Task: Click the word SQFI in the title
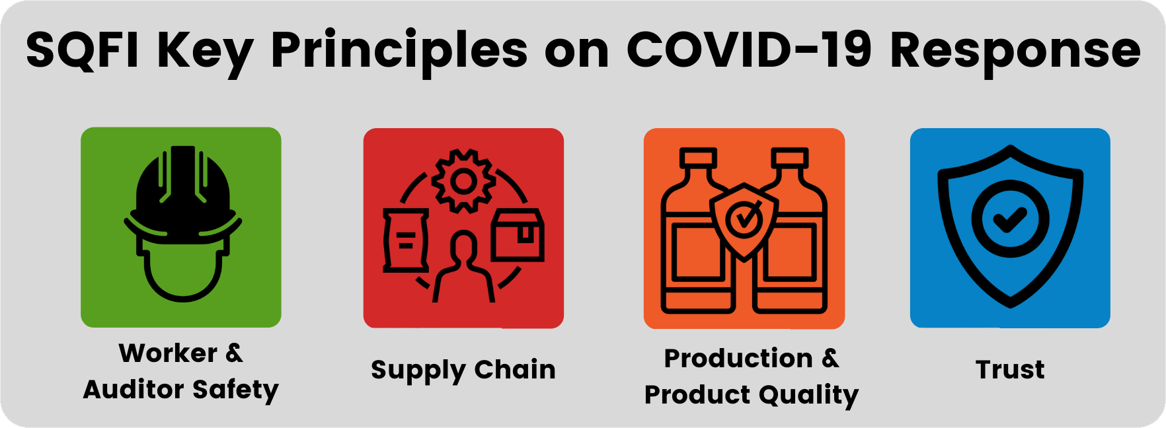(83, 50)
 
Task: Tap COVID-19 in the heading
(750, 50)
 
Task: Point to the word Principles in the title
(399, 53)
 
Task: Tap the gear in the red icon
(464, 181)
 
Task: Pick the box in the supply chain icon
(518, 235)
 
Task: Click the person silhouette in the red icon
(463, 267)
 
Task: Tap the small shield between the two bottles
(744, 222)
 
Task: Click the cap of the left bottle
(698, 158)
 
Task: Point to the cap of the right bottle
(790, 158)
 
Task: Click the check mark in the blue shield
(1009, 219)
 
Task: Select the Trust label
(1010, 369)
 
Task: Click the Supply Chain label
(463, 371)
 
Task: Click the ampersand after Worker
(234, 353)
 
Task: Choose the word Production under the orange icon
(738, 358)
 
